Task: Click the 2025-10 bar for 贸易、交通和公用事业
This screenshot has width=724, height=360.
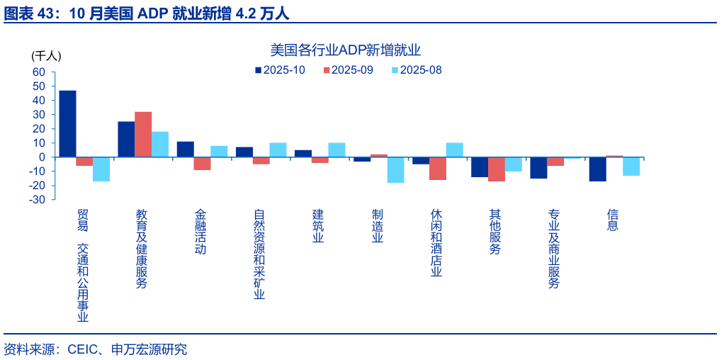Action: [x=67, y=123]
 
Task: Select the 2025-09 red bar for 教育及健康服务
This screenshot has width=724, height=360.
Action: [x=143, y=134]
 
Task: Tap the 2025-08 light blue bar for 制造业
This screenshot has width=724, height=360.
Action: [x=395, y=170]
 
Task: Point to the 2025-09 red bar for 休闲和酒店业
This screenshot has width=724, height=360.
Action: [x=438, y=168]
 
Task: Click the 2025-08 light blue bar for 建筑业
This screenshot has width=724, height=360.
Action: [x=336, y=150]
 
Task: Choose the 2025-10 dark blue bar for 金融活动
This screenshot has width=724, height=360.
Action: [x=185, y=149]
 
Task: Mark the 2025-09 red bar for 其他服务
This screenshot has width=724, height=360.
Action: [x=497, y=169]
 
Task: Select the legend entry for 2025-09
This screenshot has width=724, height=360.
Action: [x=348, y=70]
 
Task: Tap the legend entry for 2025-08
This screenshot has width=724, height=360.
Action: [x=416, y=70]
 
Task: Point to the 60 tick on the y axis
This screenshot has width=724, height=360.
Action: [x=38, y=72]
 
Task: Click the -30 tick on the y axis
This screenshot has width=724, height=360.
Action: [x=37, y=200]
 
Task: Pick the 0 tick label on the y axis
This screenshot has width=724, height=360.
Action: [x=42, y=157]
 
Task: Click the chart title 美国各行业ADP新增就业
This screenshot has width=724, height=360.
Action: [x=346, y=50]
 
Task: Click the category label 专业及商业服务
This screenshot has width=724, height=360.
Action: [x=554, y=248]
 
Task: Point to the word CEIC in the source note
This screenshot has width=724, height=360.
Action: [x=81, y=349]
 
